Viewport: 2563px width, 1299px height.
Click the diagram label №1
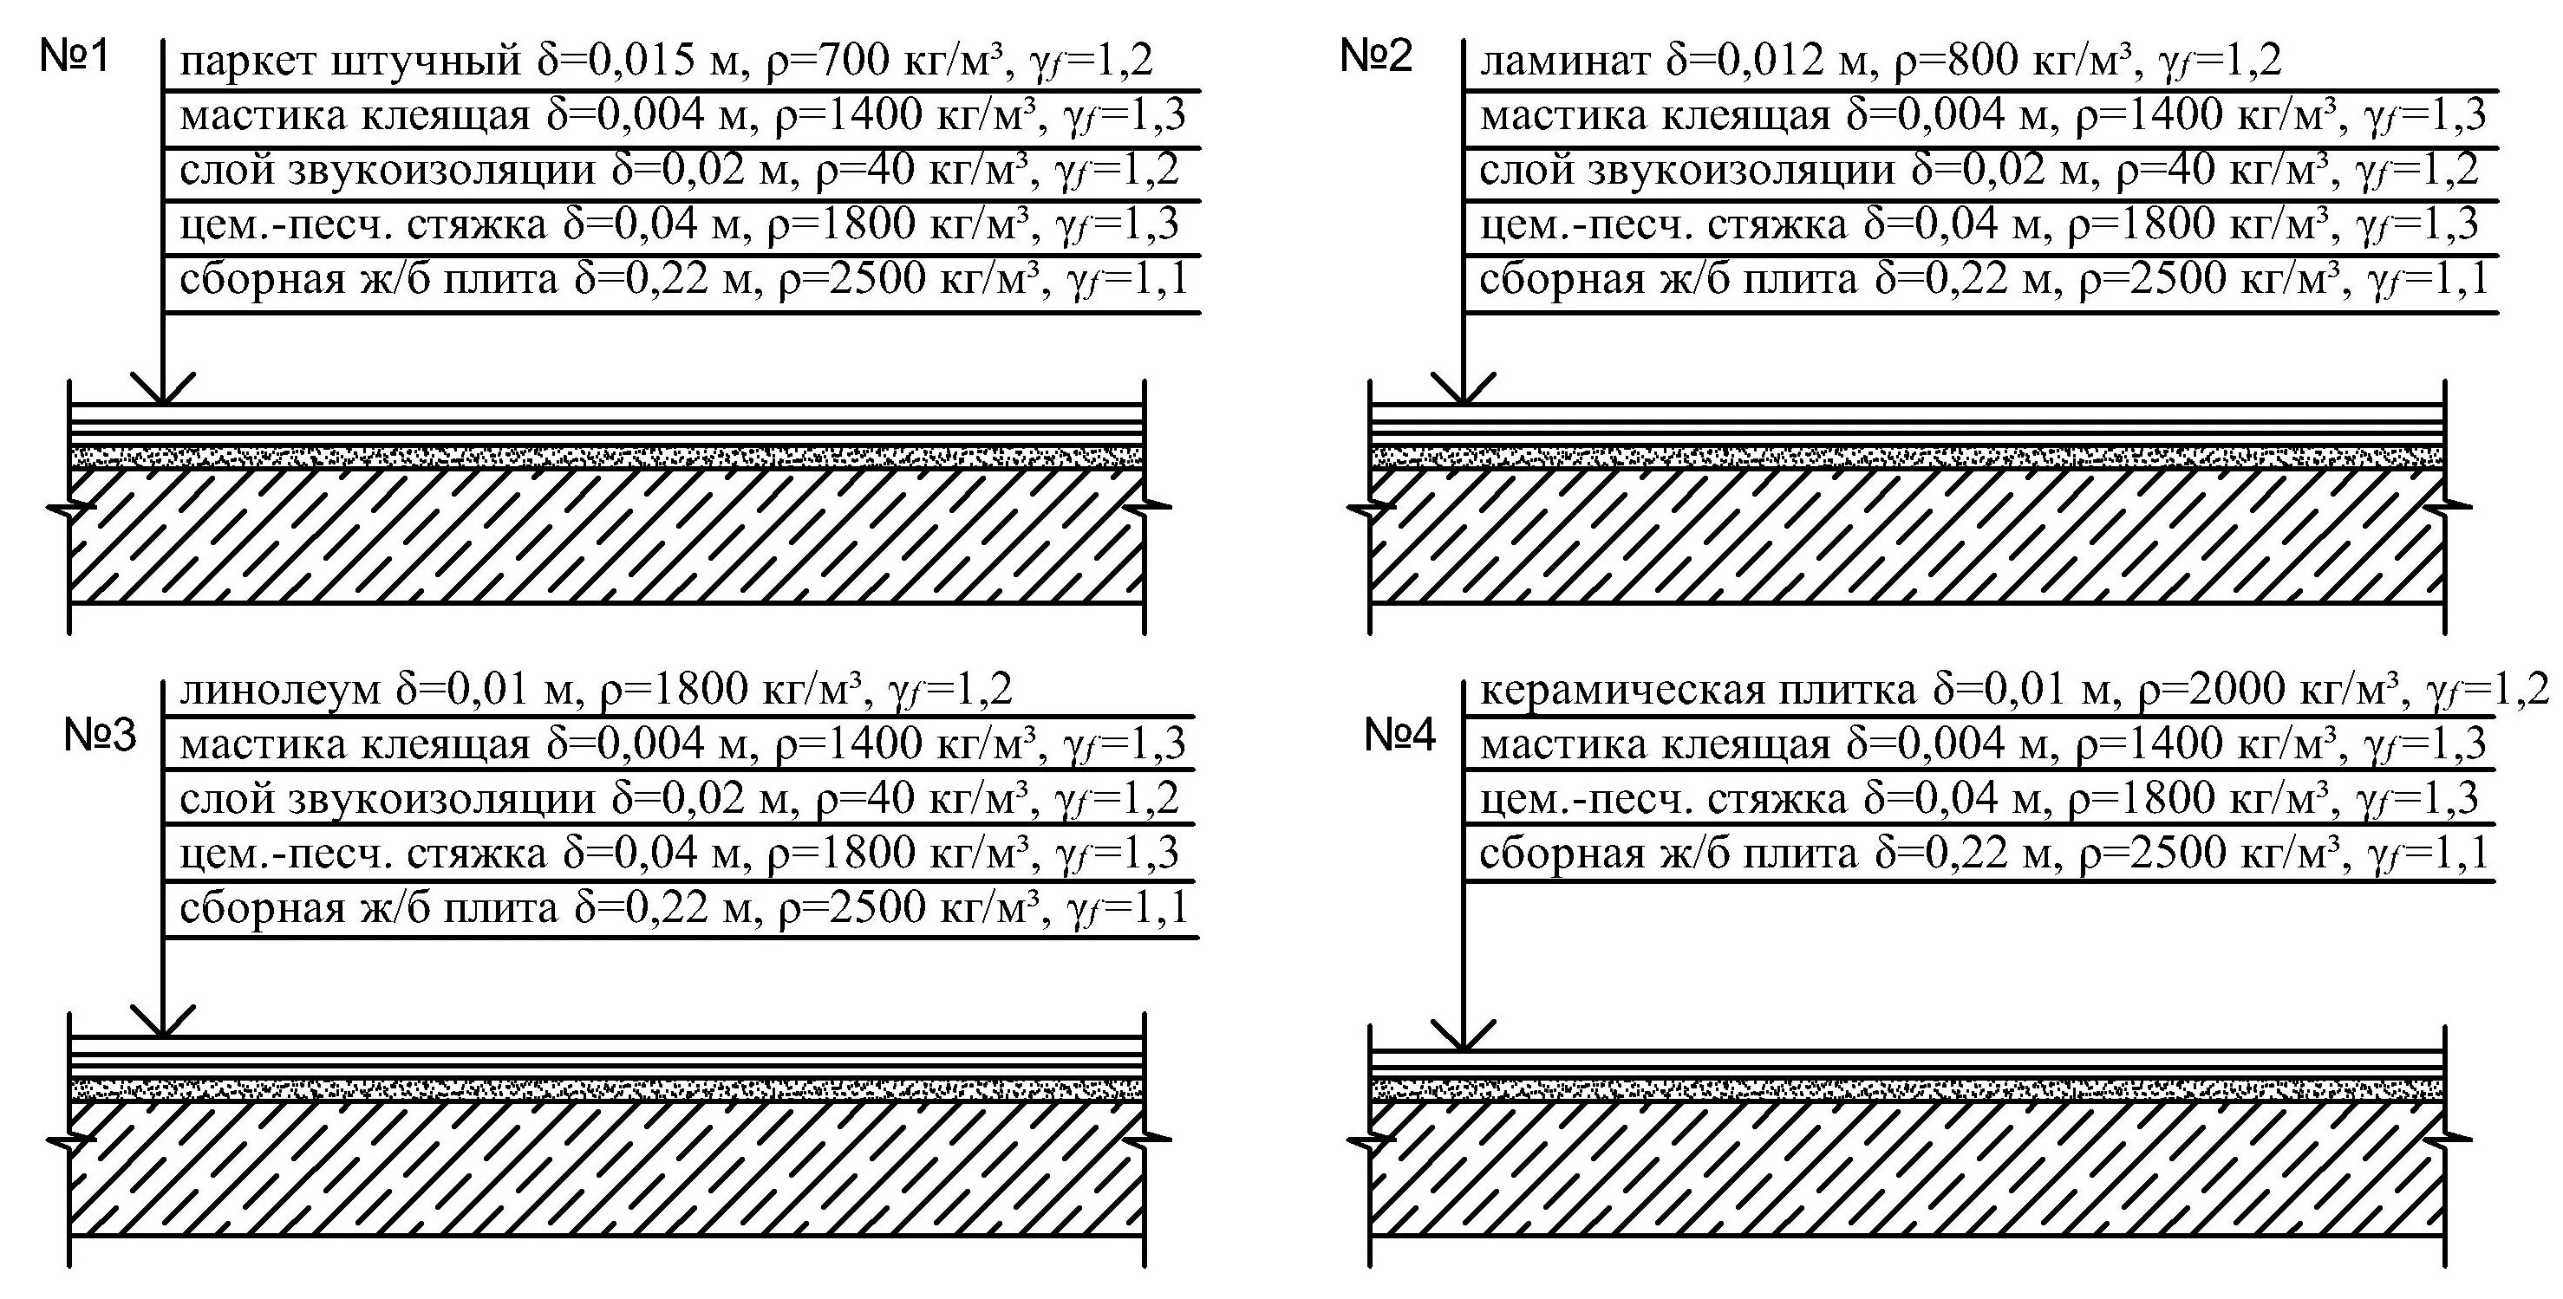74,56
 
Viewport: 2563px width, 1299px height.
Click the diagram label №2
1376,56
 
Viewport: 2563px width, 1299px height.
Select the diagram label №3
100,735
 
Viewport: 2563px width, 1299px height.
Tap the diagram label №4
1400,735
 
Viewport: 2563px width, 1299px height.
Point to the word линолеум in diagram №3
281,689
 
